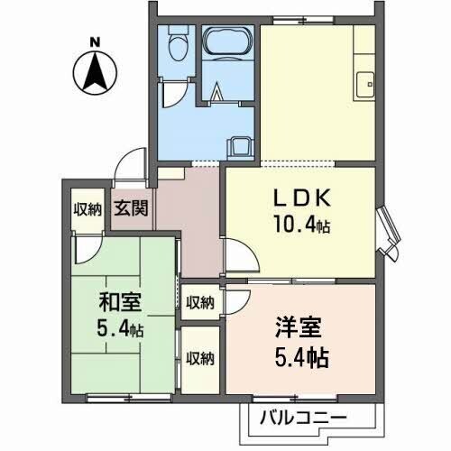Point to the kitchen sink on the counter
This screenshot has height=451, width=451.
(x=365, y=83)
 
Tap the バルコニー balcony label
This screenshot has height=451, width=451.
(x=302, y=418)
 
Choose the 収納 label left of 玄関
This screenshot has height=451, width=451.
(x=87, y=209)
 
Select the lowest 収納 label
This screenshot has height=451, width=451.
(x=199, y=358)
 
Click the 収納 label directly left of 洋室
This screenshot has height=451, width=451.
(x=199, y=301)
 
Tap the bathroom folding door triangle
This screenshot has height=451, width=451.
(x=219, y=89)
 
